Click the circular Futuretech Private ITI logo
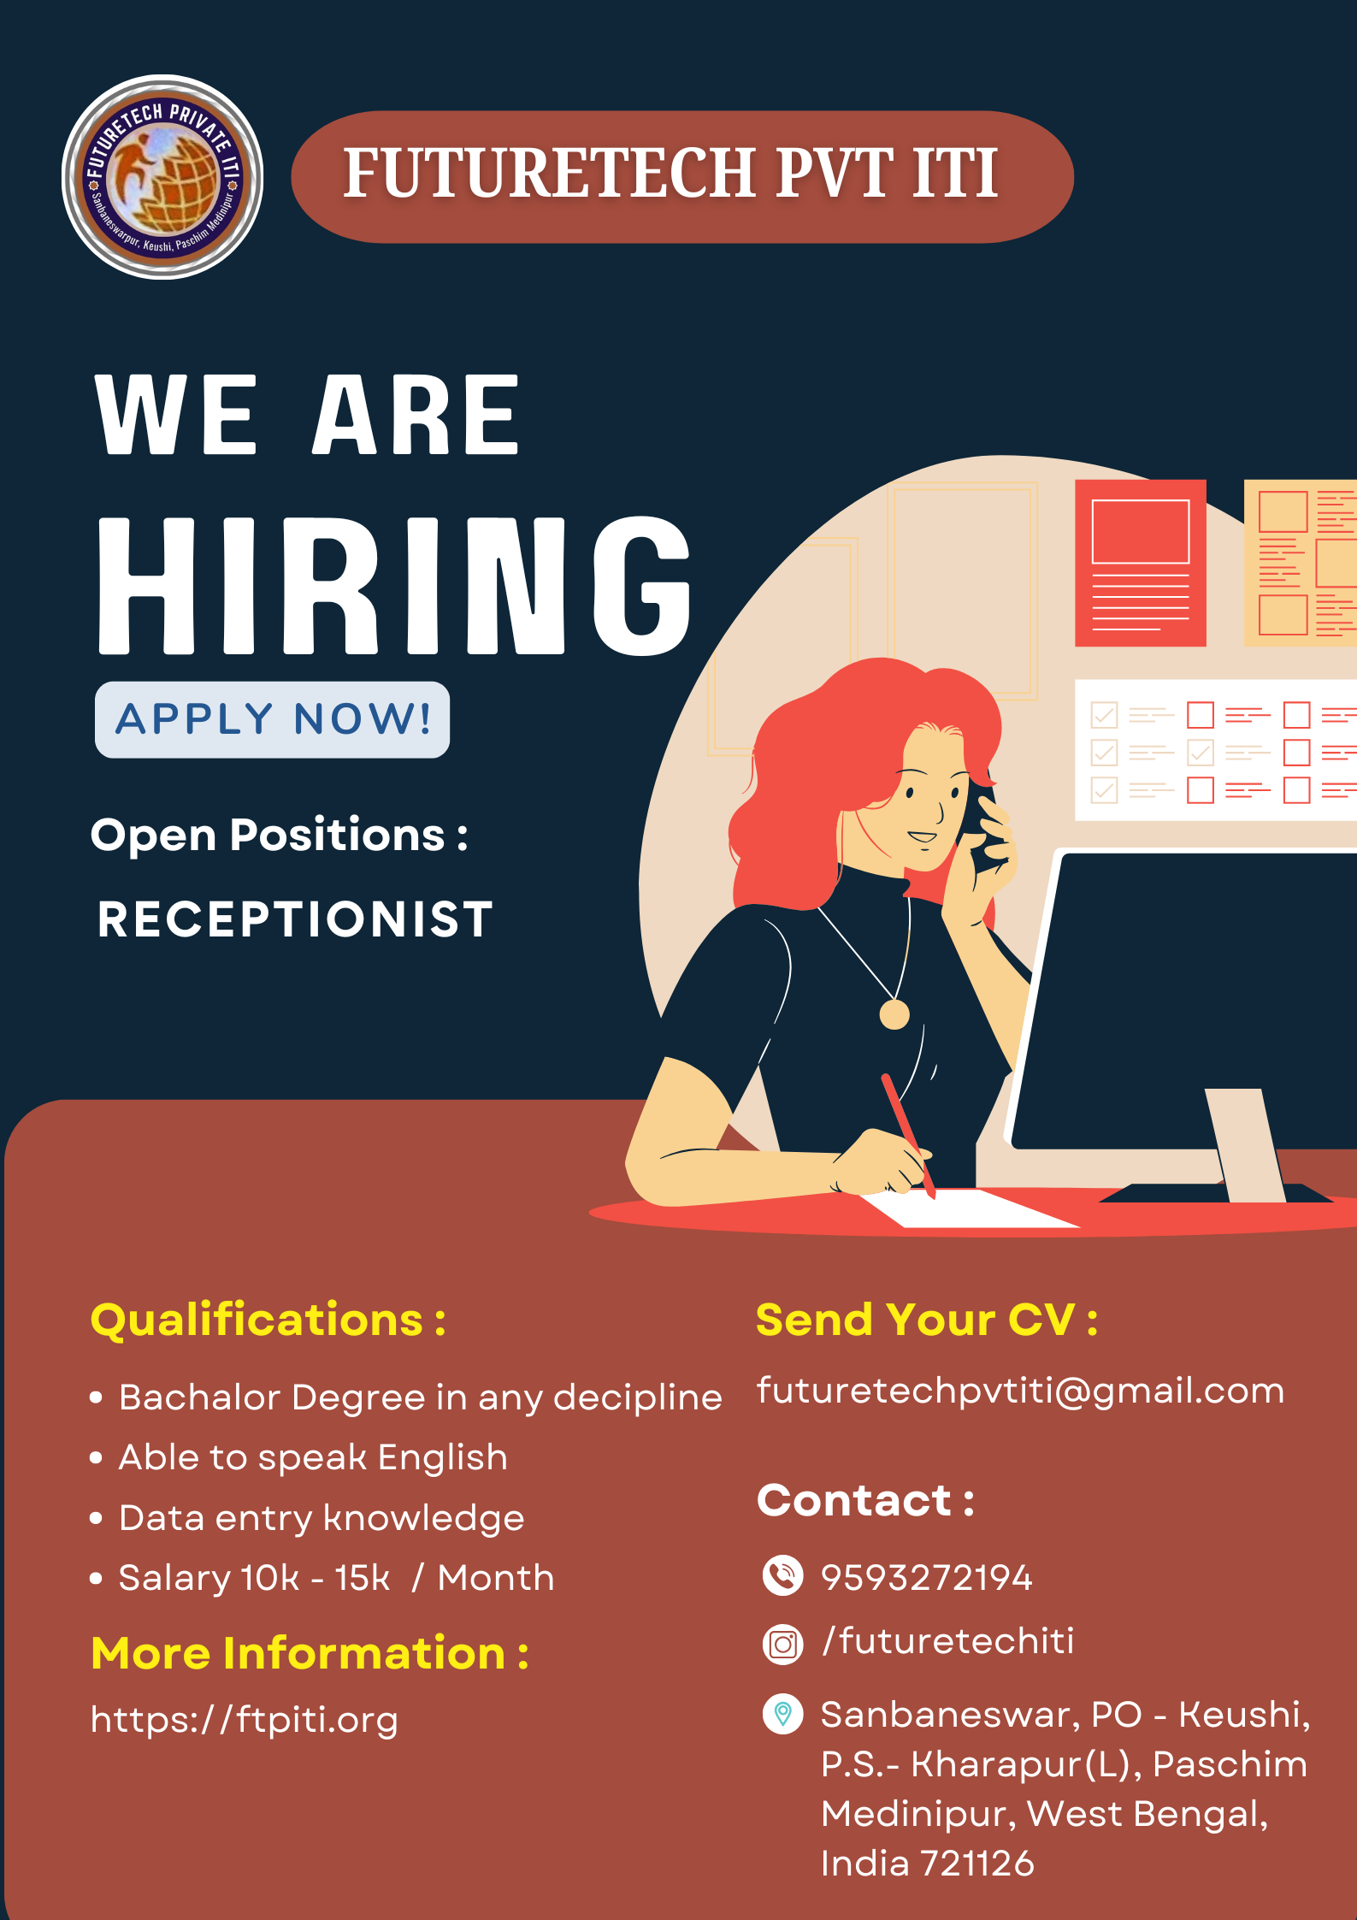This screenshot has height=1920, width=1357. coord(162,177)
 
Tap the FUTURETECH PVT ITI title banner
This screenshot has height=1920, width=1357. coord(681,177)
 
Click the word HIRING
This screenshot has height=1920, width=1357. coord(394,586)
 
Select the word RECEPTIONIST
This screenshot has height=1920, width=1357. coord(295,919)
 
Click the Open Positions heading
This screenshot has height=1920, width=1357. coord(280,836)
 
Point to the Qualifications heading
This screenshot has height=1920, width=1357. coord(268,1320)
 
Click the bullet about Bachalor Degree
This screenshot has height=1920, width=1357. coord(407,1397)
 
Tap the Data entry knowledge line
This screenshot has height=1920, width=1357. coord(308,1518)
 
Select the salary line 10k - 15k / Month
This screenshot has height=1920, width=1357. coord(322,1578)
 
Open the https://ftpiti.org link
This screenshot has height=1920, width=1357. coord(245,1720)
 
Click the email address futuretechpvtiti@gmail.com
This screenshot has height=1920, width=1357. coord(1020,1391)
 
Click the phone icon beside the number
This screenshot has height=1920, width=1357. coord(782,1576)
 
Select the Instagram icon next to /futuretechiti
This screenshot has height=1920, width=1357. coord(782,1644)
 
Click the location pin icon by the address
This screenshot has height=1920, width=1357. coord(782,1714)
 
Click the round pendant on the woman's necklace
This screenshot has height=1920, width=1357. coord(894,1014)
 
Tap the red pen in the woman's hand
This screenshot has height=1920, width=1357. coord(908,1136)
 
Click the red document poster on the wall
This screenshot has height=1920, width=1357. coord(1141,563)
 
